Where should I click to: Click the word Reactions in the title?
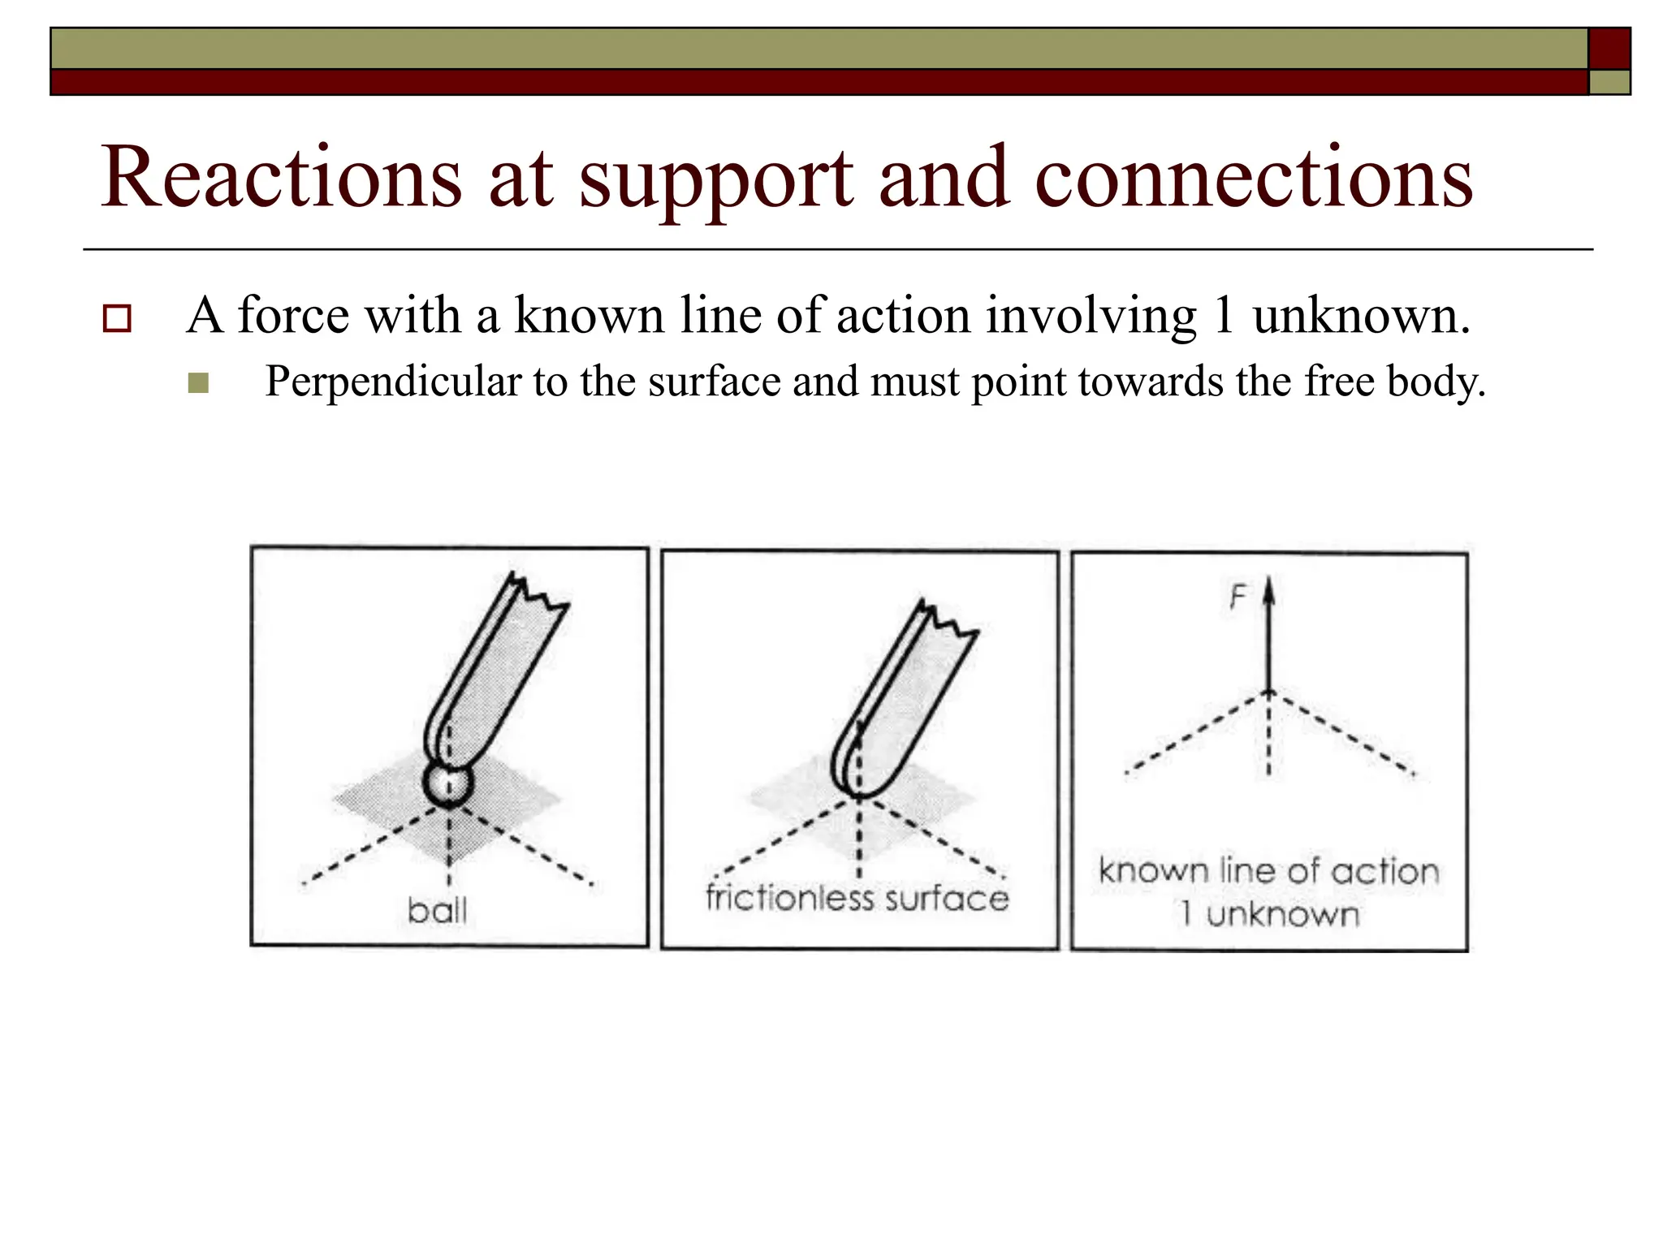point(280,177)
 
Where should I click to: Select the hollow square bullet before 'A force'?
point(117,318)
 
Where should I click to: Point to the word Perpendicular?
point(392,382)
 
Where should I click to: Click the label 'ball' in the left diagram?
point(437,911)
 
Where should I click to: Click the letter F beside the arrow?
point(1238,598)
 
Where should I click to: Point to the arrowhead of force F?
point(1270,591)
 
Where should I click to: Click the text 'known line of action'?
point(1268,871)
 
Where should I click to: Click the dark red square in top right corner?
point(1609,48)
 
